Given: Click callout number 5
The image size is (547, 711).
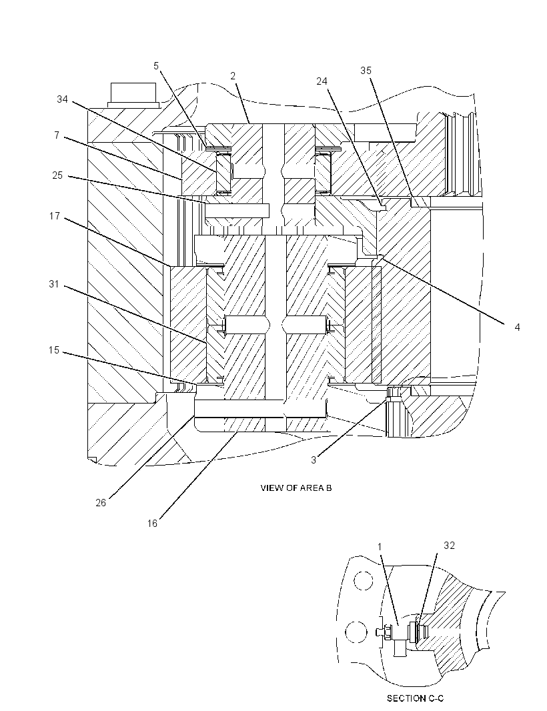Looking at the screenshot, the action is click(156, 66).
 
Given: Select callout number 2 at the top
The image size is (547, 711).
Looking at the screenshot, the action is click(233, 76).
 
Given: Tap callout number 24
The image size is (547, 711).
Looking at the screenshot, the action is click(322, 81).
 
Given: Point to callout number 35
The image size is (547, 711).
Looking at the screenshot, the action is click(366, 70).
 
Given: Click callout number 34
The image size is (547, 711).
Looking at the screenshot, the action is click(62, 99).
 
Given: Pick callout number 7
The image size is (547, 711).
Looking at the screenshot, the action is click(56, 135).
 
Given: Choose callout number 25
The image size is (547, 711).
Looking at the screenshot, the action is click(57, 175).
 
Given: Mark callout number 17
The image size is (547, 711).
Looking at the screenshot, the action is click(55, 216).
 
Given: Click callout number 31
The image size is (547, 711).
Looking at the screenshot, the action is click(54, 284).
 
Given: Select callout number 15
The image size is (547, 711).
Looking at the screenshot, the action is click(54, 350).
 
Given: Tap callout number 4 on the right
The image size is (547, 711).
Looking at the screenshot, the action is click(517, 327).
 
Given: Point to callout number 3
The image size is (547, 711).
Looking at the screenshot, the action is click(313, 460).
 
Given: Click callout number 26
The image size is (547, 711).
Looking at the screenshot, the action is click(101, 502).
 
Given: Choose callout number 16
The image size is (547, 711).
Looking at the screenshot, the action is click(152, 524).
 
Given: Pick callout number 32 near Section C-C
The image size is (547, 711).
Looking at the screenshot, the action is click(449, 546).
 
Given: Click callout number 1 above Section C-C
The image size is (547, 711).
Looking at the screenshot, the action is click(380, 547).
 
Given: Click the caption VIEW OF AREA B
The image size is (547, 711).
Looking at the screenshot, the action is click(296, 488).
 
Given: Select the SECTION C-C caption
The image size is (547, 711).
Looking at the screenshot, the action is click(415, 698).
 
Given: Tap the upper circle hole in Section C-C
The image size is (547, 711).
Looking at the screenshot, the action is click(364, 581).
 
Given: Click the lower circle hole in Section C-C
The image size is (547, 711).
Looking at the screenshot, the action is click(356, 631).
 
